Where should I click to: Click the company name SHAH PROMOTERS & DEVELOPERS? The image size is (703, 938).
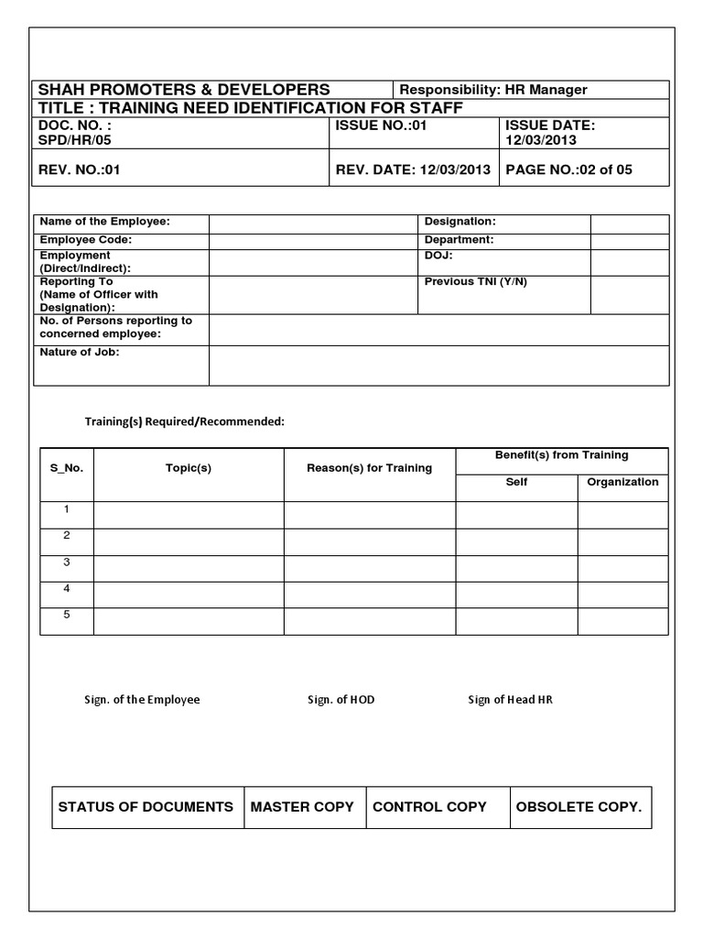tap(183, 90)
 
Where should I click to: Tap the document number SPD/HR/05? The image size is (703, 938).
tap(74, 141)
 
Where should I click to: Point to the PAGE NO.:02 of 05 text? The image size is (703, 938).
tap(568, 169)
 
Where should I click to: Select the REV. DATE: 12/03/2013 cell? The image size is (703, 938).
tap(414, 169)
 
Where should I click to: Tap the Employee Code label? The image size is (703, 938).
tap(85, 240)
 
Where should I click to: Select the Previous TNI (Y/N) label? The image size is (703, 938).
tap(475, 282)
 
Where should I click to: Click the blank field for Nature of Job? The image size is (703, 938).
tap(438, 365)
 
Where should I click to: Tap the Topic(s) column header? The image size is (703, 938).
tap(189, 468)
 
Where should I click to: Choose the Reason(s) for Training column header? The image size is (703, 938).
tap(369, 468)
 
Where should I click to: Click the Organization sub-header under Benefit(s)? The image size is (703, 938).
tap(622, 482)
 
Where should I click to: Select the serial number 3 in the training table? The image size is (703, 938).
tap(67, 562)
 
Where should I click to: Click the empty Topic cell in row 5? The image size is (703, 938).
tap(189, 620)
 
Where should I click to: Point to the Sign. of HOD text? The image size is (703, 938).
tap(341, 700)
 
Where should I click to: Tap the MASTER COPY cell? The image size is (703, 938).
tap(302, 807)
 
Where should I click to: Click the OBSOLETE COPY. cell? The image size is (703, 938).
tap(579, 807)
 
